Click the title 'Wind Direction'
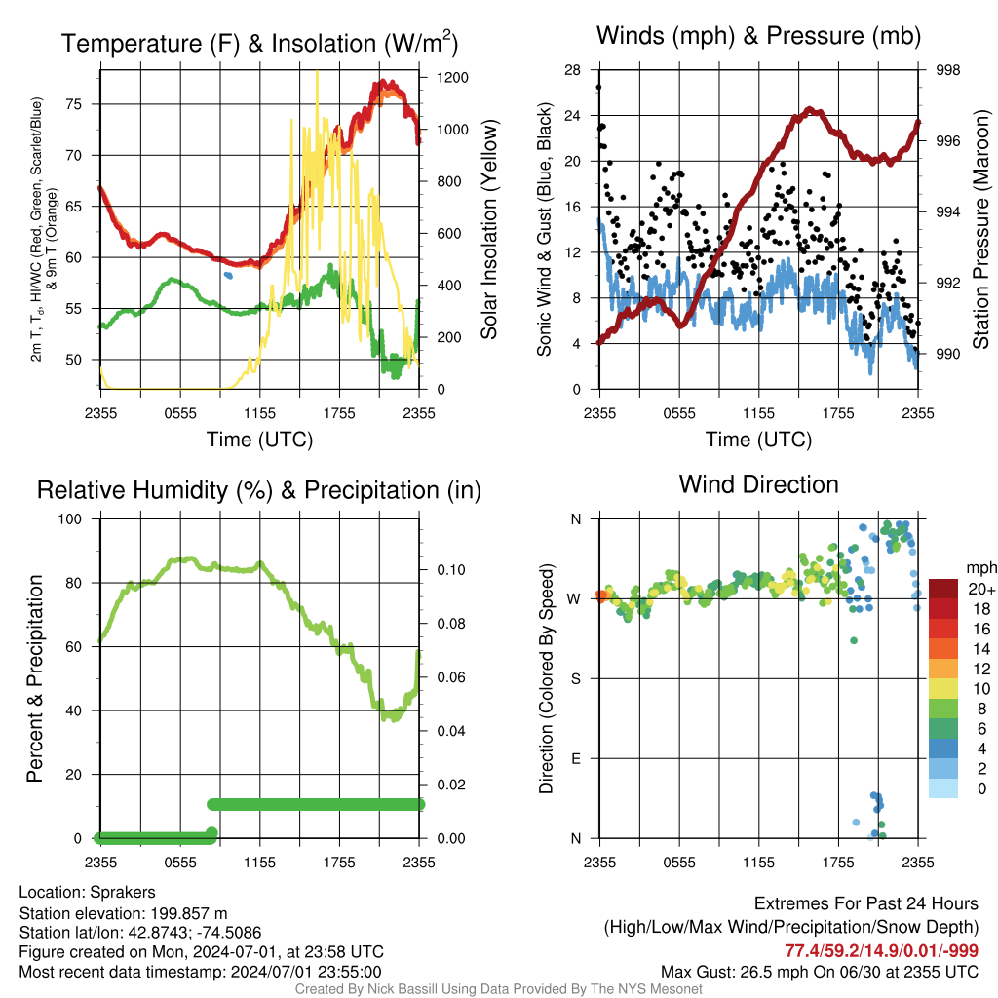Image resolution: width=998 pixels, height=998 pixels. coord(758,484)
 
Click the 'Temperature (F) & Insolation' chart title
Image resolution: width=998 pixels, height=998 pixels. coord(259,44)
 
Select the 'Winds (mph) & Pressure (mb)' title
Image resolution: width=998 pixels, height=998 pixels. coord(758,37)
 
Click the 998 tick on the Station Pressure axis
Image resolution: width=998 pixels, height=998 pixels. coord(946,70)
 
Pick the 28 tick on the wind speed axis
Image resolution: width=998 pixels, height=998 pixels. coord(574,70)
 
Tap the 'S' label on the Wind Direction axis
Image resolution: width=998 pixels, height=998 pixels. coord(575,678)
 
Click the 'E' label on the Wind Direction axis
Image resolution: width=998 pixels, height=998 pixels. coord(575,758)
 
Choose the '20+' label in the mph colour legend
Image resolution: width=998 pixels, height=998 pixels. coord(980,589)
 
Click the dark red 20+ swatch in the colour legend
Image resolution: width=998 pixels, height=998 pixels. coord(944,589)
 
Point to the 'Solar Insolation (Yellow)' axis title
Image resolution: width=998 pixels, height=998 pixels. coord(490,230)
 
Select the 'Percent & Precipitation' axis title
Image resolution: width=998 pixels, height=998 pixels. coord(36,678)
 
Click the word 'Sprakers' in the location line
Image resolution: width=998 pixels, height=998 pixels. coord(123,892)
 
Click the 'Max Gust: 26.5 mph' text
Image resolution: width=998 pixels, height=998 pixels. coord(742,971)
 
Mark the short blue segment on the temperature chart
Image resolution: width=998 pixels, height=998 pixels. coord(228,276)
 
